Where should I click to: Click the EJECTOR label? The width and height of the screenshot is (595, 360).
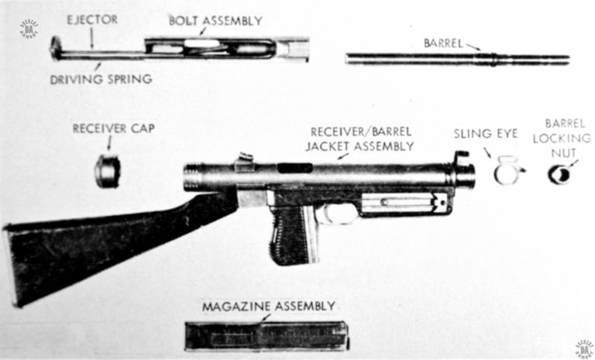(x=91, y=19)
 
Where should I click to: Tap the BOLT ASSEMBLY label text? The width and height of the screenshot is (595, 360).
(x=215, y=19)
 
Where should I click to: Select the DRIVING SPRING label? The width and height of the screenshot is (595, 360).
(x=99, y=79)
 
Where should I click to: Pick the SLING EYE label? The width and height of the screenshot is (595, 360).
(x=485, y=134)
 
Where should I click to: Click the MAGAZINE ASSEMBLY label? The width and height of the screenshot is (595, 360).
(x=269, y=306)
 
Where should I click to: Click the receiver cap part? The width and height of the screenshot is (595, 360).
(x=108, y=171)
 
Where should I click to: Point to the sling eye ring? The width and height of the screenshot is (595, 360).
(x=507, y=171)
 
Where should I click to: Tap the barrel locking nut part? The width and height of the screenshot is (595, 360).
(x=559, y=175)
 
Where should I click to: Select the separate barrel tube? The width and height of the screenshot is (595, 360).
(x=457, y=59)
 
